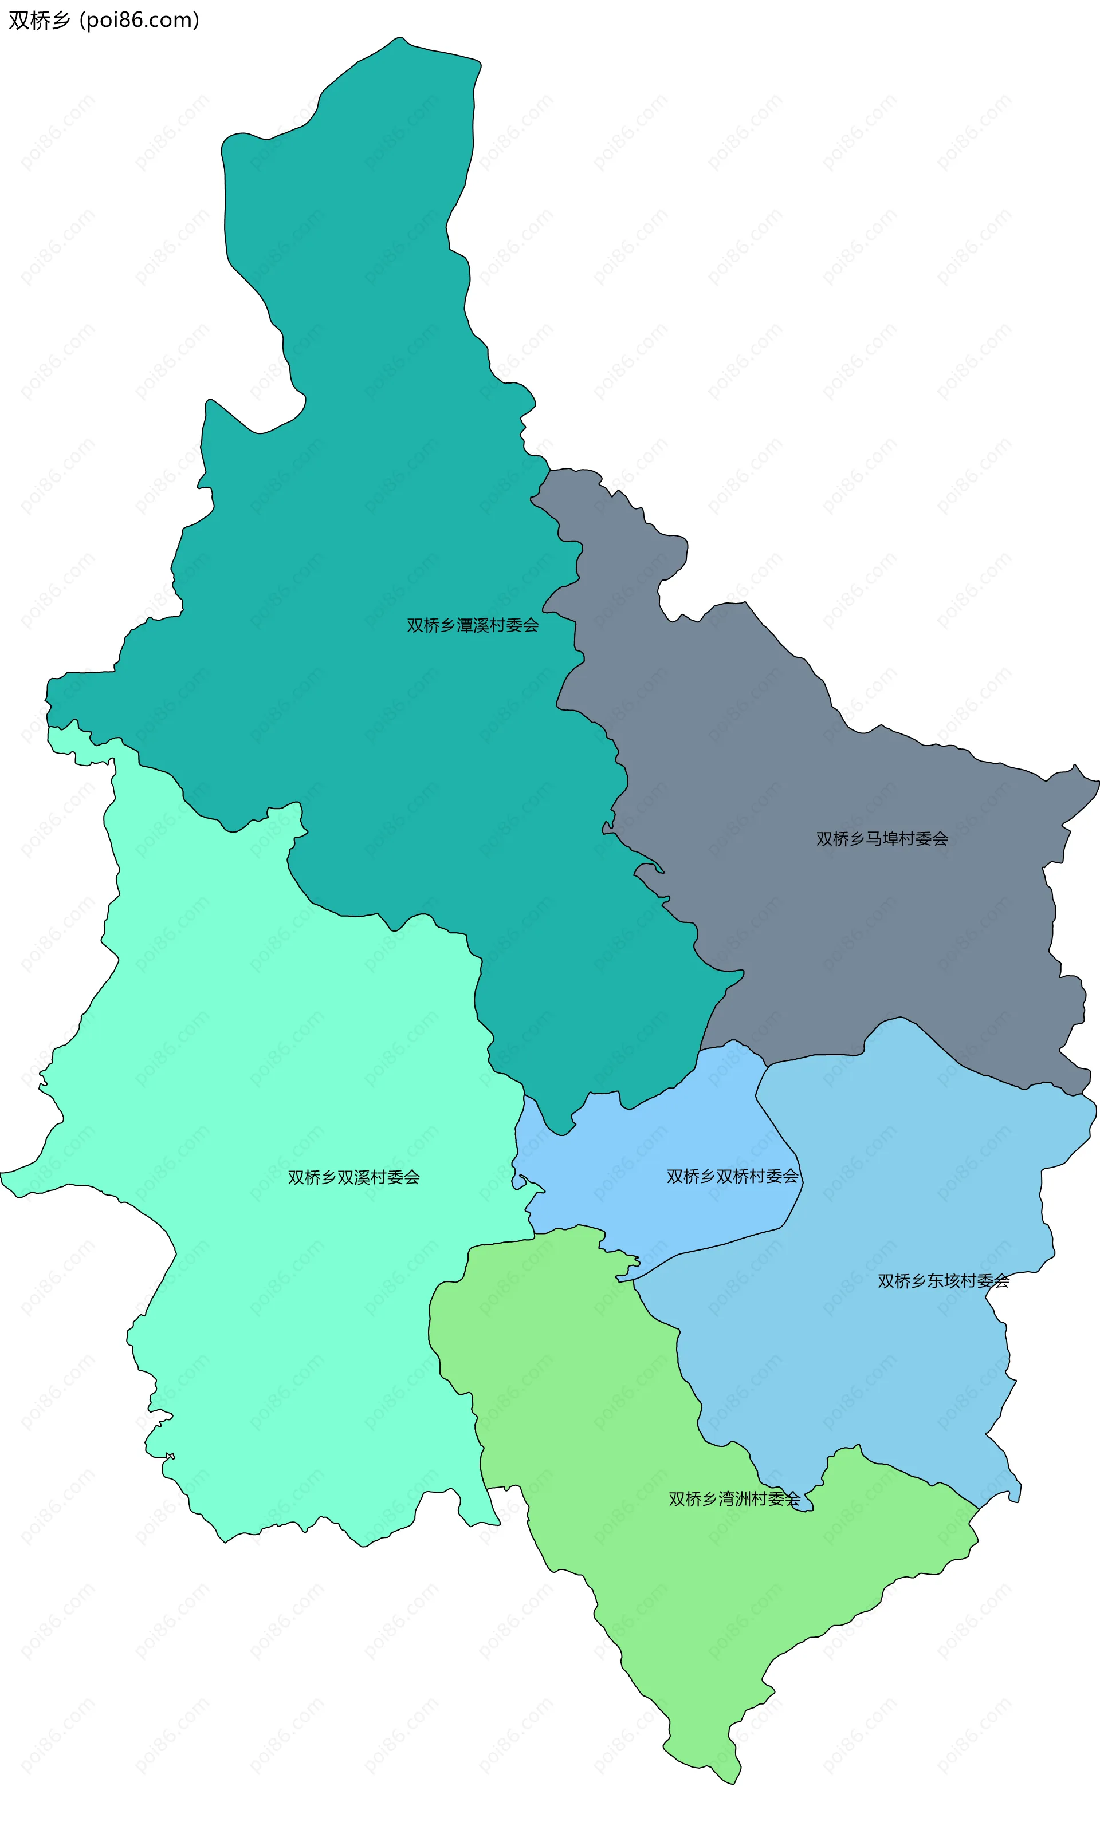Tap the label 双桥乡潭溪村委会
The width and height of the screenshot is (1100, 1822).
point(472,625)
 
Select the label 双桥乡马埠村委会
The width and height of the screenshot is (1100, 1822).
point(882,838)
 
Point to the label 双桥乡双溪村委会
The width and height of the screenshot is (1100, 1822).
point(353,1177)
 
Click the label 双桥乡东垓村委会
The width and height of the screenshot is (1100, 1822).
point(943,1281)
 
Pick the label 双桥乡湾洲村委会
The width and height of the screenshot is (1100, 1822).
point(734,1499)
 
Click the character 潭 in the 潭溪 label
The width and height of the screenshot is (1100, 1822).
point(465,625)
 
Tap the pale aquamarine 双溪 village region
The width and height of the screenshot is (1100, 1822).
point(259,1294)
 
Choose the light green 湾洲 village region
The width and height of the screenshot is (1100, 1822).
point(666,1590)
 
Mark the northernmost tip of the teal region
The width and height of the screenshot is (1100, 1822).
point(399,38)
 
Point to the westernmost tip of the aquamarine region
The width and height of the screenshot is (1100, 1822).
point(2,1173)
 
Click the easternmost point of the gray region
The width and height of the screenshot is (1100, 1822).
point(1098,779)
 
